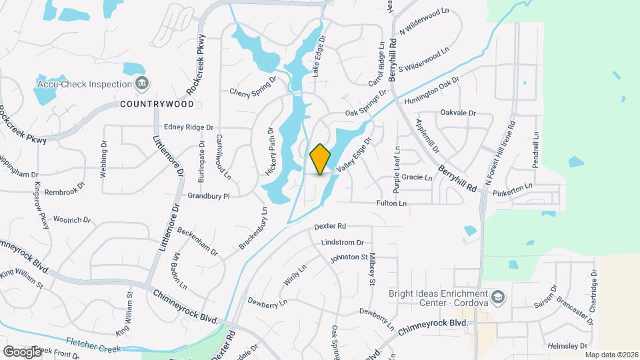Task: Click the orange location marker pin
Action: [x=321, y=159]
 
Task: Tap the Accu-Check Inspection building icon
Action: [x=141, y=83]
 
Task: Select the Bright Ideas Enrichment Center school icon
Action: [x=497, y=296]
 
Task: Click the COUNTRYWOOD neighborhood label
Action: [x=157, y=104]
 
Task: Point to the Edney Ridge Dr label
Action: [x=188, y=127]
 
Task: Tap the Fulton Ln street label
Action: [x=391, y=203]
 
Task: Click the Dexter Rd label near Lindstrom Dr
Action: [x=331, y=226]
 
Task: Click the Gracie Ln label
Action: [x=417, y=178]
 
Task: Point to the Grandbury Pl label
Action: [x=208, y=196]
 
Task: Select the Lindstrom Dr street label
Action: [x=341, y=243]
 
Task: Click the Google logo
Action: [x=21, y=351]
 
